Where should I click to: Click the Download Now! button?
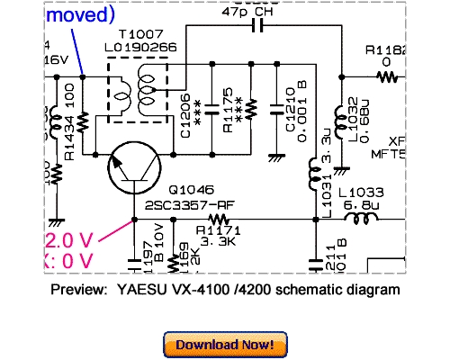point(224,344)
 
